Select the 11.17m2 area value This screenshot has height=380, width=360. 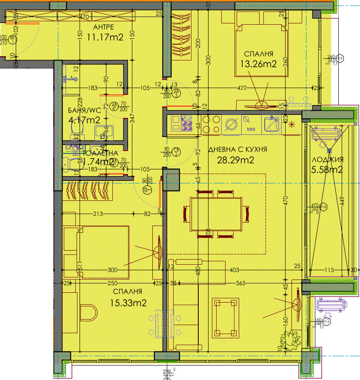105,37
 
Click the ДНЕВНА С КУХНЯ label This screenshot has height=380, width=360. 237,149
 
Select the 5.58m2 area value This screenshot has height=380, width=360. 327,170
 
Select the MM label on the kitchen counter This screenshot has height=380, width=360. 251,128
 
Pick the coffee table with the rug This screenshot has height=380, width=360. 225,316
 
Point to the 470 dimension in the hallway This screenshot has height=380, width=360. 84,18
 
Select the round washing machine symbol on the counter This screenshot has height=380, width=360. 232,124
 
